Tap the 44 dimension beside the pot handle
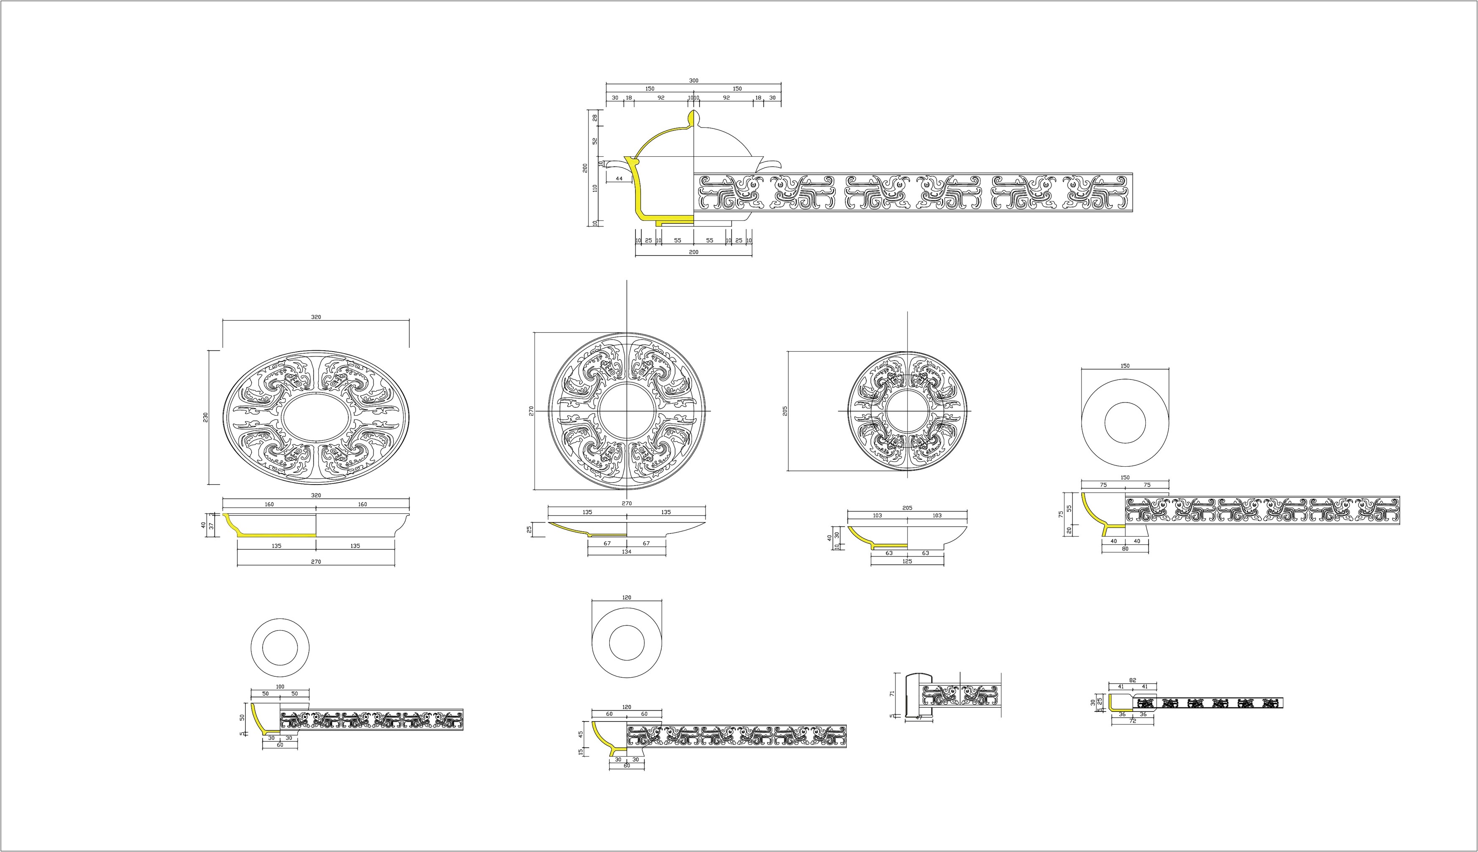[x=619, y=178]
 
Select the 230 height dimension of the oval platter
[x=205, y=417]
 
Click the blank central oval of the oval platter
[x=316, y=417]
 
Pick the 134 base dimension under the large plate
[x=626, y=551]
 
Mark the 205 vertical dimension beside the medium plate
[x=785, y=411]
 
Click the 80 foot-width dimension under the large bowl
[x=1125, y=549]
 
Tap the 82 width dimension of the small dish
[x=1132, y=680]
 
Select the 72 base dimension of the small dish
[x=1132, y=721]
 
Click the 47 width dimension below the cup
[x=918, y=717]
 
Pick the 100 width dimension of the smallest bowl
[x=280, y=686]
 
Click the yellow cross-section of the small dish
[x=1110, y=704]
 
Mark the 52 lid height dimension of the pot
[x=595, y=141]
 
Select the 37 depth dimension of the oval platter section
[x=212, y=526]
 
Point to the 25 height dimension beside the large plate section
[x=529, y=529]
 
